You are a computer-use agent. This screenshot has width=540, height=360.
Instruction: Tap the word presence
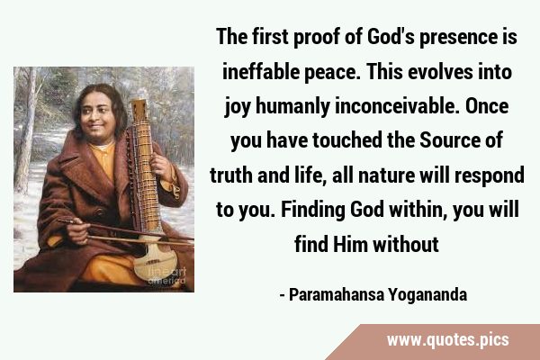456,37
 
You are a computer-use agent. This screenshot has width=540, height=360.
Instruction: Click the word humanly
292,107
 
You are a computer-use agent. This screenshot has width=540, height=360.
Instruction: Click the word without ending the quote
406,244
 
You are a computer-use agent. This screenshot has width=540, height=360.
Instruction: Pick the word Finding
312,210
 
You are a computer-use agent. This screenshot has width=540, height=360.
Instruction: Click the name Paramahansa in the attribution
336,295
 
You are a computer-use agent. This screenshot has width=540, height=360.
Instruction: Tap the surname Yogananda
427,295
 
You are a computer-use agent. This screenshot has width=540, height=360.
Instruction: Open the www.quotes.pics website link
447,340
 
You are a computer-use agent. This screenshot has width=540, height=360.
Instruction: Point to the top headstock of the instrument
139,110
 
